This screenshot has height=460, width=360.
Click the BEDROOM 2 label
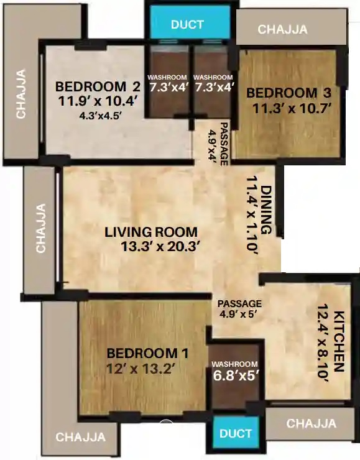pyautogui.click(x=98, y=86)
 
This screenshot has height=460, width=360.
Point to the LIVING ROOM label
pyautogui.click(x=151, y=232)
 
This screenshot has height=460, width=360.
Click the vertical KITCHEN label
pyautogui.click(x=339, y=341)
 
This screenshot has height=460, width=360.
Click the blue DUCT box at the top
pyautogui.click(x=188, y=25)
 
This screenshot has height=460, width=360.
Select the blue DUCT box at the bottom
pyautogui.click(x=236, y=433)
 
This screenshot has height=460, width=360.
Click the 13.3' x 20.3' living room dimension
pyautogui.click(x=160, y=246)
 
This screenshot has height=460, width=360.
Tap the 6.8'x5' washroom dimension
pyautogui.click(x=235, y=375)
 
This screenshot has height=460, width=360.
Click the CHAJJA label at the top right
pyautogui.click(x=284, y=29)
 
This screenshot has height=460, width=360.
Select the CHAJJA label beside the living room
pyautogui.click(x=41, y=228)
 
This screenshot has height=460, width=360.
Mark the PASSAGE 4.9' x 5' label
pyautogui.click(x=240, y=309)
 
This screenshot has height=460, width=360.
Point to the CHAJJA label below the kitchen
pyautogui.click(x=312, y=424)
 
